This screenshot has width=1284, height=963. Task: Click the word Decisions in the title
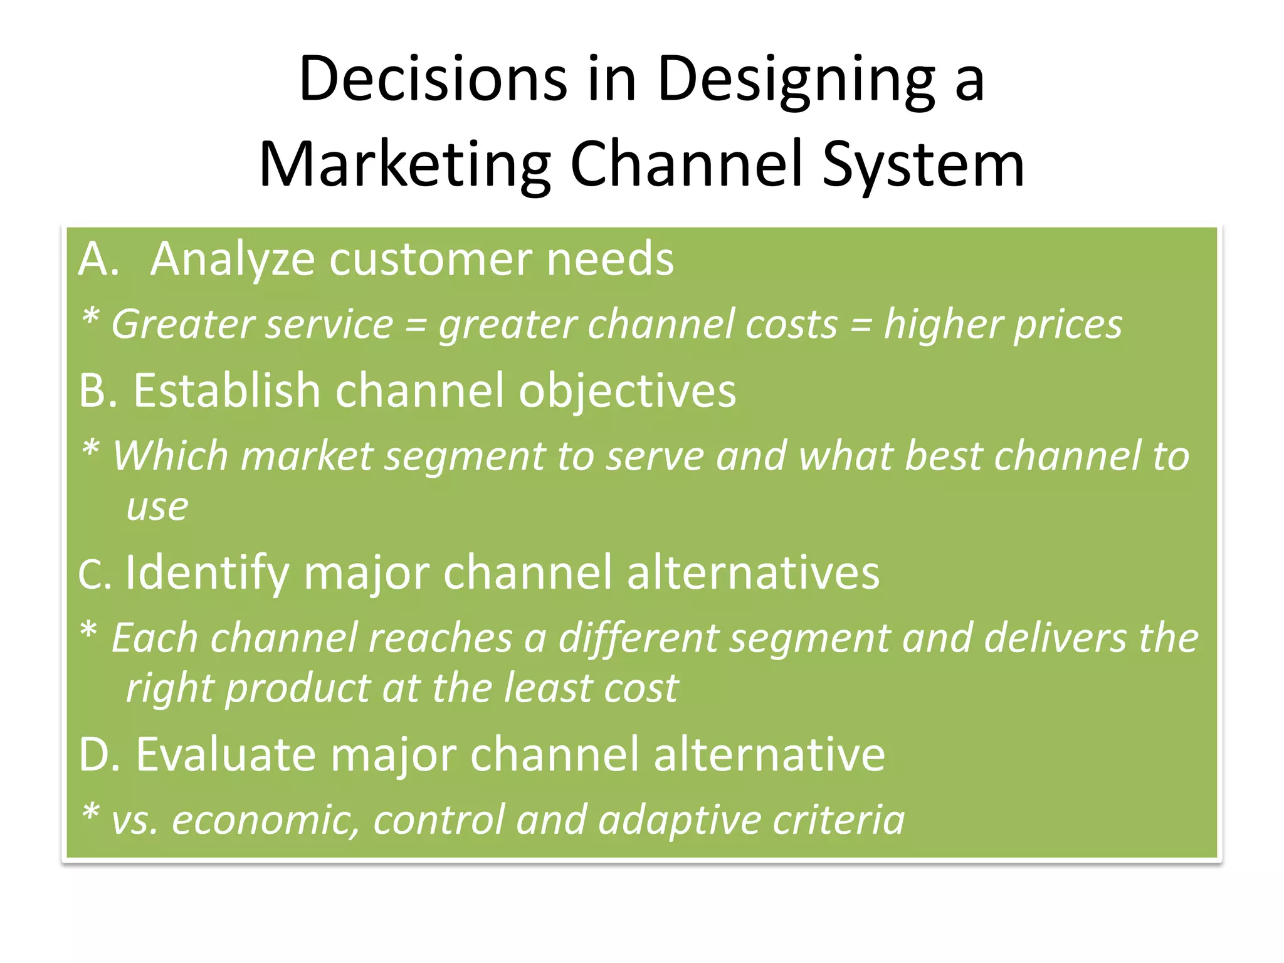[x=433, y=78]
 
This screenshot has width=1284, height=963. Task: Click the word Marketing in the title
[x=404, y=165]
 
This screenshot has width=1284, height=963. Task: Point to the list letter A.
[x=98, y=259]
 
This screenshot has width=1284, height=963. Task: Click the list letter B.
[x=97, y=391]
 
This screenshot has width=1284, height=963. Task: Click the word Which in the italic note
[x=170, y=456]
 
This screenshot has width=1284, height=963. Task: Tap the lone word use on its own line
[x=157, y=507]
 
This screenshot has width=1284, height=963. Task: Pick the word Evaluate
[x=226, y=754]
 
